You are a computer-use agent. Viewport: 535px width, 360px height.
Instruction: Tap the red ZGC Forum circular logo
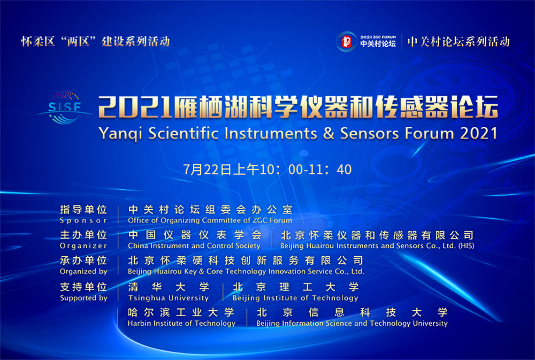(x=346, y=42)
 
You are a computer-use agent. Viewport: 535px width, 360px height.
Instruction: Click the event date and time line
(x=267, y=170)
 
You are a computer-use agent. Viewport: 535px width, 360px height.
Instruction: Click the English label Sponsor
(x=83, y=220)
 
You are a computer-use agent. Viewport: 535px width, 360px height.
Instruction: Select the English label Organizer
(x=83, y=246)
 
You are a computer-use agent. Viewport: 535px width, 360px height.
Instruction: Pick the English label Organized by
(x=83, y=272)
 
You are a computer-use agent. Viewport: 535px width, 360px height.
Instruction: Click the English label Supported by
(x=83, y=298)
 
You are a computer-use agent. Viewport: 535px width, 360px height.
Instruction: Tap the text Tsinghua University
(x=169, y=298)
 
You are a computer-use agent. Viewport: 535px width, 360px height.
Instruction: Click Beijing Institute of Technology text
(x=295, y=298)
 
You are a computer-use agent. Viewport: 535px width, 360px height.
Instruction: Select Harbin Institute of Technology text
(x=181, y=323)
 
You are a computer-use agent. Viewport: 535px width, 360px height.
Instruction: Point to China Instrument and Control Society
(x=194, y=246)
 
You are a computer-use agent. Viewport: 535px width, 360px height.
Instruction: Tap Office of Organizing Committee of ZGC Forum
(x=210, y=220)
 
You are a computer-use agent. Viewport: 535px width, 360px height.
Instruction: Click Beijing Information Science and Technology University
(x=352, y=323)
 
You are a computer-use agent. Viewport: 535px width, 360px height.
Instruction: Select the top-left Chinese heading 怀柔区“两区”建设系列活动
(x=95, y=41)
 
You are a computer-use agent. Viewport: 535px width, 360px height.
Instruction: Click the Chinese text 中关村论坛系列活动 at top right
(x=458, y=42)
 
